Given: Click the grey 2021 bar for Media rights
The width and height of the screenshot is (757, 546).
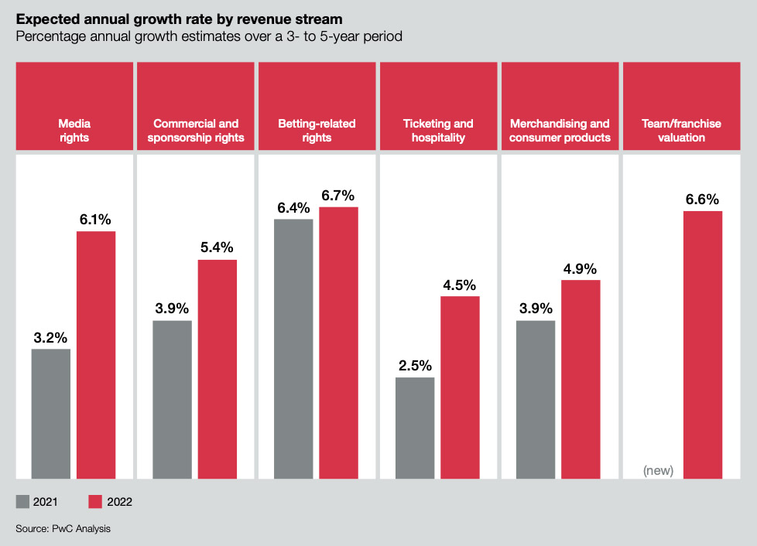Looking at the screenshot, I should point(51,414).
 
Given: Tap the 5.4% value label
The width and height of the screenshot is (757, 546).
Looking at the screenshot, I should point(217,247).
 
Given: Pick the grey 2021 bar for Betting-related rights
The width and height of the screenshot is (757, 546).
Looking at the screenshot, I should point(293,348).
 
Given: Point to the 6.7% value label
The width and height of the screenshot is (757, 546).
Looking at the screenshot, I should point(337,195).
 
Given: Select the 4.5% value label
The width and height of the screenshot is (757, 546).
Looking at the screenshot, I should point(460,284).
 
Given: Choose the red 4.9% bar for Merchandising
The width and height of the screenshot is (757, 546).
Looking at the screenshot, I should point(581,379).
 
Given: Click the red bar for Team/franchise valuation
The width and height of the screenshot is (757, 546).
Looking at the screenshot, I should point(702,344).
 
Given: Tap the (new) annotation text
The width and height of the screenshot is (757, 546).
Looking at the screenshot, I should point(659,470).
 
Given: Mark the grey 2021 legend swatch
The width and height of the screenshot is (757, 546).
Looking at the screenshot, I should point(22,502).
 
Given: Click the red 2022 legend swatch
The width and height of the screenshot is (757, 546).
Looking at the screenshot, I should point(95,502).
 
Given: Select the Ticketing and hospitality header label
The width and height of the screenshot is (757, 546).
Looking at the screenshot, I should point(438,130).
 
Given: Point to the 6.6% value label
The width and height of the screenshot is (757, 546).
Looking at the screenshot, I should point(702,200).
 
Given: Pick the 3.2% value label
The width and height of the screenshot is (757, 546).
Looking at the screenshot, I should point(51,337).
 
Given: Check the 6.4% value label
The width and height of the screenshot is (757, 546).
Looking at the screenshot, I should point(293,207).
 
